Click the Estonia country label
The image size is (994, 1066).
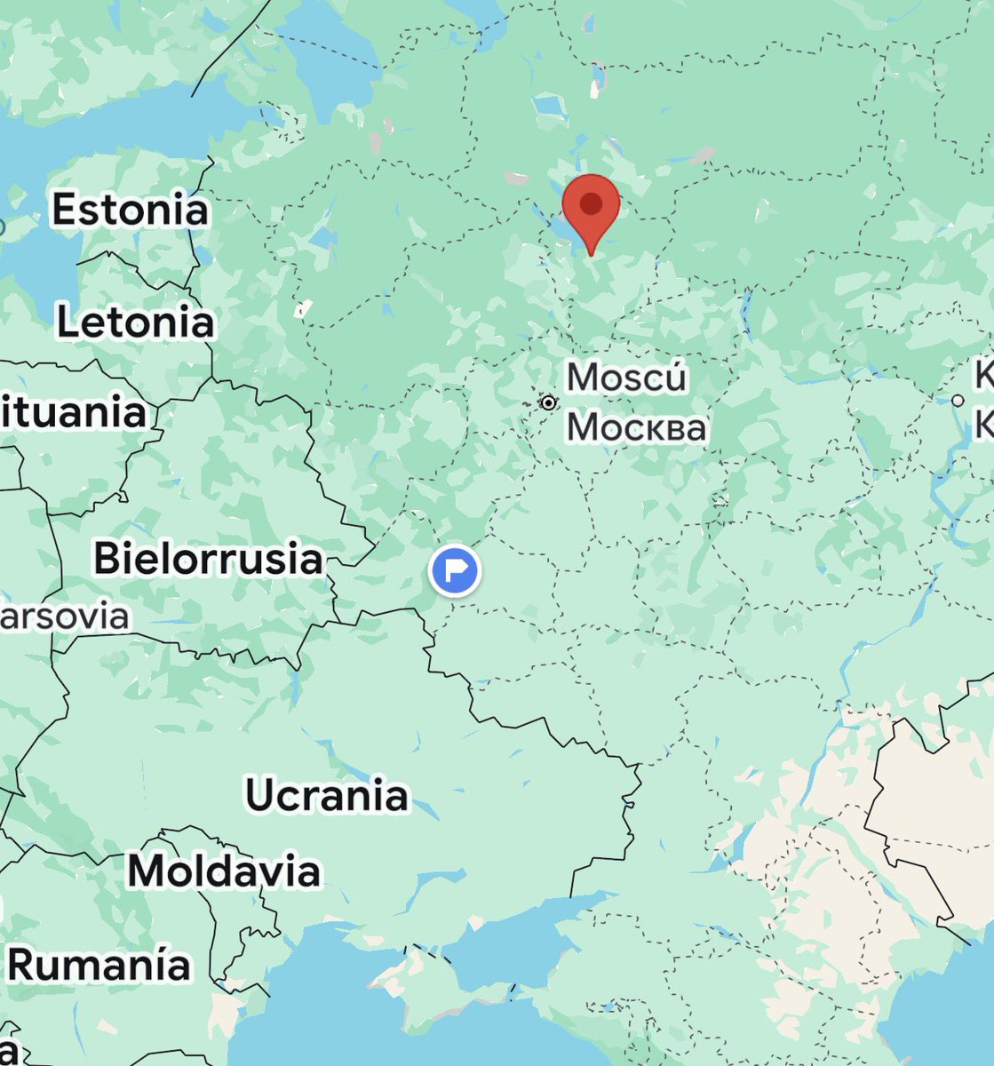[130, 210]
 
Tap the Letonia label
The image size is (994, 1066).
[135, 322]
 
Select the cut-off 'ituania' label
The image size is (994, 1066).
[73, 412]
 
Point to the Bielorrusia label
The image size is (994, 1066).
[208, 559]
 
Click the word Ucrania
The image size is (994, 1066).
[326, 794]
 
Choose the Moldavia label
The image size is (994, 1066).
[224, 871]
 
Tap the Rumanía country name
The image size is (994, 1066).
[99, 965]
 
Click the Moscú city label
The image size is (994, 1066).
[626, 377]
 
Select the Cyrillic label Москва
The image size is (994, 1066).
[636, 427]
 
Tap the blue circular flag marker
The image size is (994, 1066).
[454, 569]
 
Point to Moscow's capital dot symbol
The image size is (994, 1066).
[549, 402]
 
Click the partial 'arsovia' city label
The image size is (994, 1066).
[64, 616]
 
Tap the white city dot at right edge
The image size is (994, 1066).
[958, 401]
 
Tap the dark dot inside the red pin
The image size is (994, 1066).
[591, 203]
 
